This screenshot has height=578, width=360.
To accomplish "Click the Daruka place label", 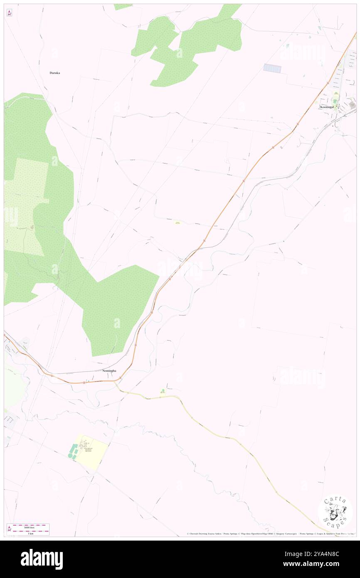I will [55, 73].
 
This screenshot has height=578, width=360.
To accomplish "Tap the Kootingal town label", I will [327, 107].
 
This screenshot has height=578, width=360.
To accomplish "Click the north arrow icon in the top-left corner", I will [9, 13].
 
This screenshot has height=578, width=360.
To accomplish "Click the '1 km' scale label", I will [30, 533].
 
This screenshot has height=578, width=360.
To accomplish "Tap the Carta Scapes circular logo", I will [335, 512].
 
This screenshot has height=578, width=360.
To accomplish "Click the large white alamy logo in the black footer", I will [42, 559].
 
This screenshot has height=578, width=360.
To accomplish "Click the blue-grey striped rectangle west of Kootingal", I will [272, 68].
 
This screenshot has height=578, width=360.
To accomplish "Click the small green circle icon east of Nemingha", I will [163, 390].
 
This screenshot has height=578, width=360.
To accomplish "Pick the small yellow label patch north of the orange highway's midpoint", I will [178, 223].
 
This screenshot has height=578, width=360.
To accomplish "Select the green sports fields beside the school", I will [73, 451].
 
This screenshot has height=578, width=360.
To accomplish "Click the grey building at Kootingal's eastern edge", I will [352, 104].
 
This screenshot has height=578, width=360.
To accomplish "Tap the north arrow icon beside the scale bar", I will [9, 529].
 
